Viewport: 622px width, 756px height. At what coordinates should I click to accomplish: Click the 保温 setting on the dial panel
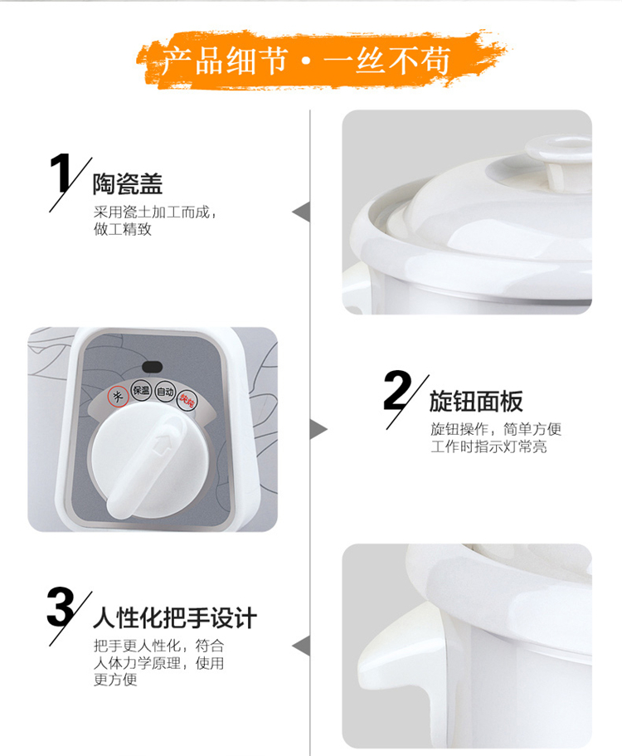click(141, 391)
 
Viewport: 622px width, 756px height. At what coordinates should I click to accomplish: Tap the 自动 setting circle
click(165, 392)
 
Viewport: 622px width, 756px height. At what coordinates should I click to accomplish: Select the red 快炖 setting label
click(187, 400)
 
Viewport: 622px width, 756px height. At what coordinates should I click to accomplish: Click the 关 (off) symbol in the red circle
click(118, 397)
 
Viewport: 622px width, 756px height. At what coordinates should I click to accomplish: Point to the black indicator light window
click(152, 367)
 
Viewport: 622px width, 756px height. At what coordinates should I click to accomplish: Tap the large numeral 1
click(61, 173)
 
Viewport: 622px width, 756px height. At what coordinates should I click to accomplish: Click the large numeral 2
click(398, 391)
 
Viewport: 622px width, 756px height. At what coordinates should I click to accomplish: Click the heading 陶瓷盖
click(128, 183)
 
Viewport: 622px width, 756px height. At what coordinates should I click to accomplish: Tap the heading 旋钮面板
click(476, 401)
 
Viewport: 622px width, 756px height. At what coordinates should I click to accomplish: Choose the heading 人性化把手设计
click(175, 618)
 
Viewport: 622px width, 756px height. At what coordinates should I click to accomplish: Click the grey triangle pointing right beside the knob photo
click(318, 429)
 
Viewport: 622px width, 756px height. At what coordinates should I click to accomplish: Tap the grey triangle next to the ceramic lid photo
click(301, 212)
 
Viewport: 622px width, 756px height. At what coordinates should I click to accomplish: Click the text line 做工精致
click(123, 229)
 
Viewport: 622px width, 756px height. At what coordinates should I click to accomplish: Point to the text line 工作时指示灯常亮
click(489, 446)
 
